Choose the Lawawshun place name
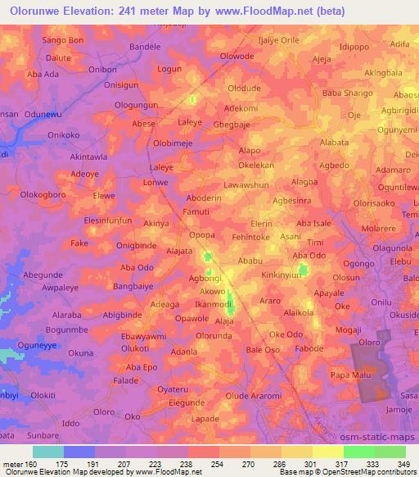[x=246, y=185]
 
